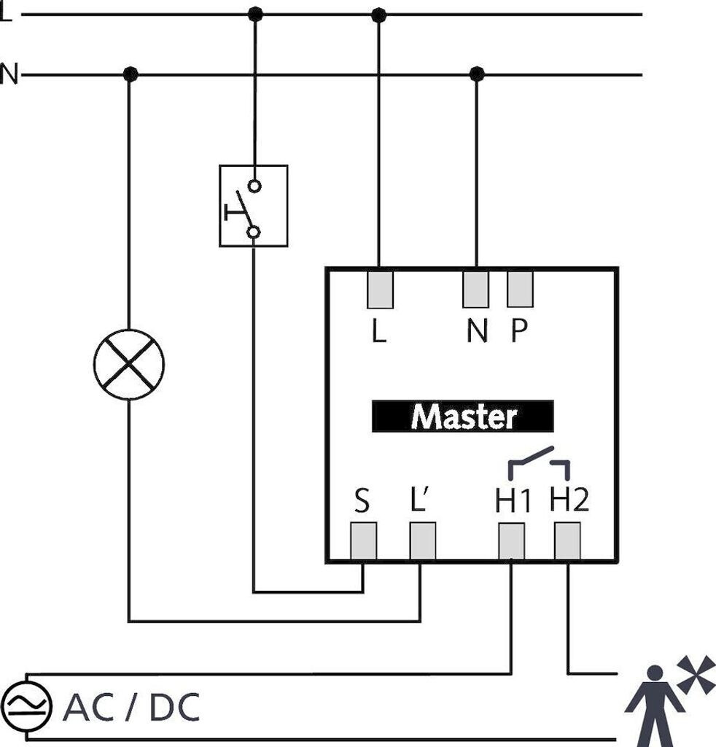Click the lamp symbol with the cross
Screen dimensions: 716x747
coord(129,365)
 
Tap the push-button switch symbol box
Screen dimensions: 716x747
coord(253,206)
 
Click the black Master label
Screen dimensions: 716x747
coord(463,417)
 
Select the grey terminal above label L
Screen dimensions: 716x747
coord(380,290)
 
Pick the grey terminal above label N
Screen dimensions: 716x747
coord(475,290)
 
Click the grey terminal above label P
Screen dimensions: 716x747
coord(520,290)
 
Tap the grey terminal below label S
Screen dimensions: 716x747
coord(364,541)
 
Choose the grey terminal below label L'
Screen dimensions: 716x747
coord(423,541)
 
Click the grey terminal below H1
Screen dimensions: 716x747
coord(512,541)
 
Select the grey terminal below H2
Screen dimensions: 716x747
coord(567,541)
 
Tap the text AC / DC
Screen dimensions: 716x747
coord(131,708)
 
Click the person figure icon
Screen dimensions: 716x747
coord(655,706)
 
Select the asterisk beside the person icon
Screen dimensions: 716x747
coord(696,674)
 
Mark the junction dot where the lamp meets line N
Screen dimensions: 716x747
coord(130,74)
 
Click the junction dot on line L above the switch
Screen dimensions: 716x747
coord(256,15)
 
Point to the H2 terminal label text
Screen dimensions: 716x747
coord(569,499)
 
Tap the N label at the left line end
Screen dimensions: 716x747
coord(9,74)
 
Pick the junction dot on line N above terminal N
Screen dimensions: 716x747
coord(477,74)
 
